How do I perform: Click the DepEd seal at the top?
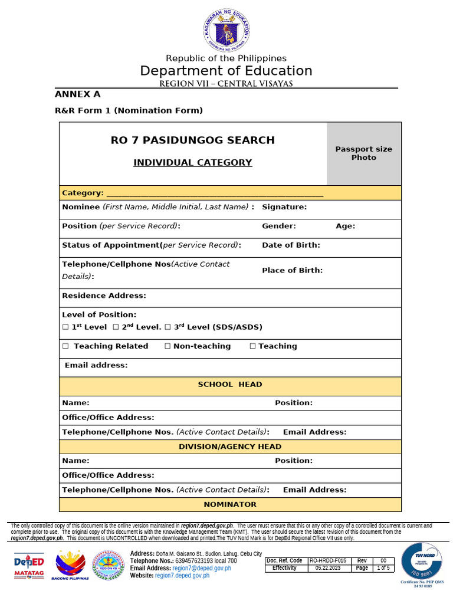[x=226, y=30]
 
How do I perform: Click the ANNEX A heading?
[x=77, y=94]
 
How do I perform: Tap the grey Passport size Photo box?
[x=363, y=153]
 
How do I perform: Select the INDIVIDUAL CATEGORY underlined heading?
[x=192, y=163]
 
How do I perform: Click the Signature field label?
[x=284, y=207]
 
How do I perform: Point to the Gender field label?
[x=279, y=226]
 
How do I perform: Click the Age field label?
[x=346, y=226]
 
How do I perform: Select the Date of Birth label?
[x=291, y=245]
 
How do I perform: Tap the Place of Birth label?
[x=292, y=270]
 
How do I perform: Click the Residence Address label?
[x=104, y=296]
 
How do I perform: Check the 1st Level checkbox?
[x=65, y=327]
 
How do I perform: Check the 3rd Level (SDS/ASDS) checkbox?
[x=168, y=327]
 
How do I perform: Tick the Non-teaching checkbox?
[x=168, y=346]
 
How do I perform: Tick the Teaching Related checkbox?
[x=65, y=346]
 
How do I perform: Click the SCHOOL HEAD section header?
[x=230, y=385]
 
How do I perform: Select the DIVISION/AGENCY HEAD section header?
[x=230, y=447]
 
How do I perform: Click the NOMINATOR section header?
[x=230, y=504]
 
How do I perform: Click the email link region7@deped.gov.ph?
[x=193, y=568]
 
